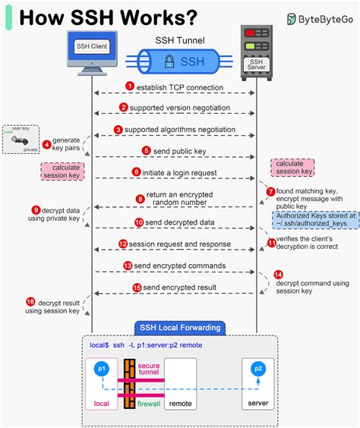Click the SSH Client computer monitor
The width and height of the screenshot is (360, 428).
[92, 46]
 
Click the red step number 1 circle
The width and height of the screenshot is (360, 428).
[130, 87]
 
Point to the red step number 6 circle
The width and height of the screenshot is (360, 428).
[137, 173]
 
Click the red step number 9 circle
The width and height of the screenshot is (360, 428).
[35, 209]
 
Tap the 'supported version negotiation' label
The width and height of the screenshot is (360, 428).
[178, 109]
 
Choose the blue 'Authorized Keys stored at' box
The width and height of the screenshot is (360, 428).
[303, 220]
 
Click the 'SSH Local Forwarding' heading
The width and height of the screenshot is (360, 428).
[179, 328]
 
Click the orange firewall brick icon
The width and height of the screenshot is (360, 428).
[130, 383]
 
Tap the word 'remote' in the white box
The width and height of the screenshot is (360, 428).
[180, 404]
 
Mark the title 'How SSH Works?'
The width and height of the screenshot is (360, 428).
[106, 17]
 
